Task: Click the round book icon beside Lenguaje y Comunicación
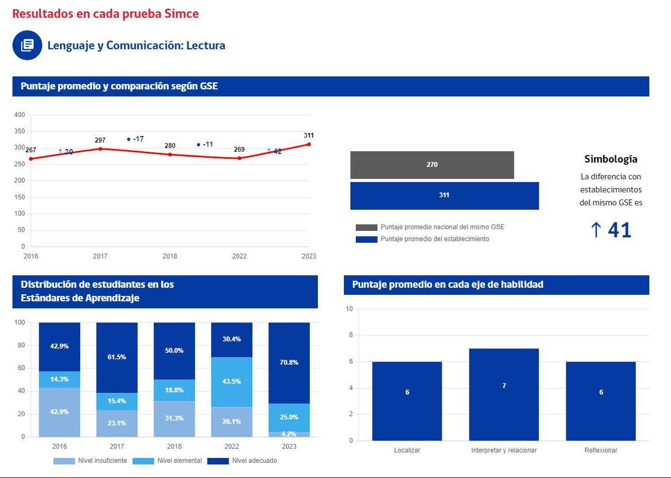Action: (x=27, y=45)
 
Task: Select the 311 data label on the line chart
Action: (x=309, y=135)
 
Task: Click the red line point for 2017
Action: (x=100, y=149)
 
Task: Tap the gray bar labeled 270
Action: (x=432, y=165)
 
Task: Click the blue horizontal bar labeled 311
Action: (x=444, y=195)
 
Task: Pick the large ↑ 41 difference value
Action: (x=610, y=230)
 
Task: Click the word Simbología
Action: (x=610, y=159)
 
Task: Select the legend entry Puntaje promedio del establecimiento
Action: (x=434, y=239)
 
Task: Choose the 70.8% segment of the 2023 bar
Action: (x=289, y=363)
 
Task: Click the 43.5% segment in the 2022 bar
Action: (x=232, y=382)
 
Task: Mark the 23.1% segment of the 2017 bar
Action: (x=117, y=423)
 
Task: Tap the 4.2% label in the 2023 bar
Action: (x=289, y=434)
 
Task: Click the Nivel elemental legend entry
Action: (x=179, y=461)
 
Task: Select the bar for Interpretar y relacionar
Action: (x=504, y=394)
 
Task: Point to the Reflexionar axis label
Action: (x=601, y=450)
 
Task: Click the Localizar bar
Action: (x=407, y=401)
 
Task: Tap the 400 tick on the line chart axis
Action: (x=19, y=115)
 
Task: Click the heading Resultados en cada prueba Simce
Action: (x=106, y=14)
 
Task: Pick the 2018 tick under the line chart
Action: (x=170, y=256)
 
